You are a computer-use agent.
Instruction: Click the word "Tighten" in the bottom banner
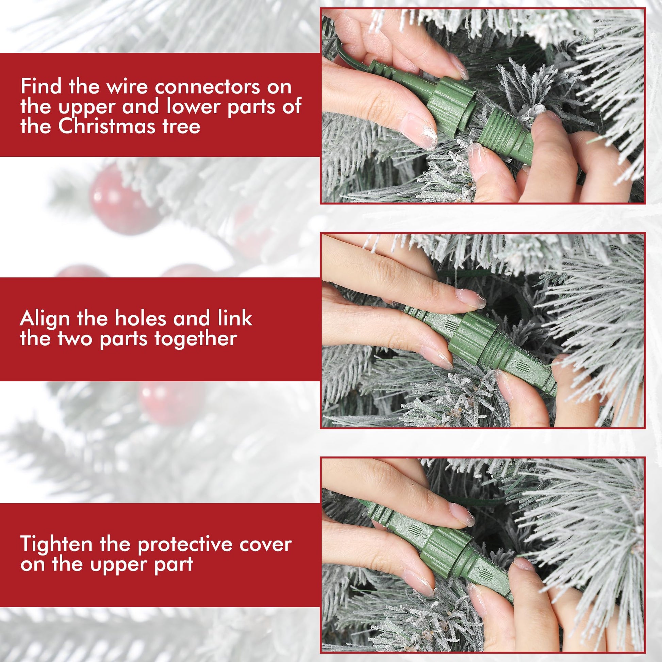(x=56, y=545)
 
